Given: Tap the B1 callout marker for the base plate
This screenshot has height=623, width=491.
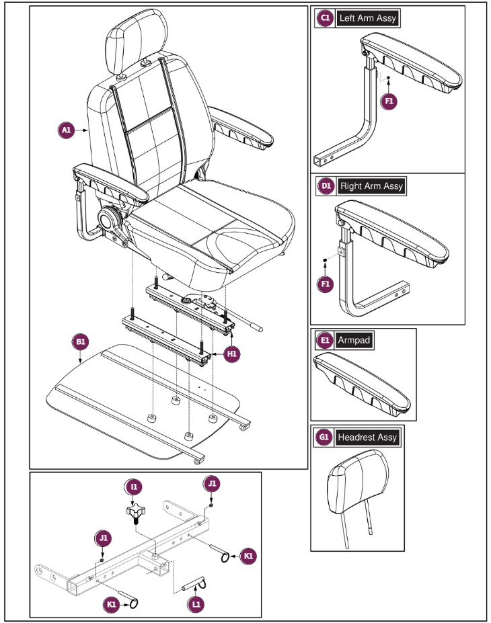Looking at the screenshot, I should [x=81, y=342].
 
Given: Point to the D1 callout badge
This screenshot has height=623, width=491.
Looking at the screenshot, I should [x=326, y=186].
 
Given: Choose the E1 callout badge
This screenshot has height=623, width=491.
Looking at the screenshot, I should [x=326, y=341].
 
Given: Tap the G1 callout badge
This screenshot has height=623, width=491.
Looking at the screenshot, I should [x=324, y=438].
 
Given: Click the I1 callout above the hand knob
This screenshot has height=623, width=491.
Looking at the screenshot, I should [x=135, y=486].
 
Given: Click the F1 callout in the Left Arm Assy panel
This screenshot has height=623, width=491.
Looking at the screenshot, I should [x=389, y=101].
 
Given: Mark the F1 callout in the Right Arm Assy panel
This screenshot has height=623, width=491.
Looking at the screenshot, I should [x=326, y=284].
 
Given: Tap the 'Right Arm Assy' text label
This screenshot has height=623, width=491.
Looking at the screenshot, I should [x=372, y=186].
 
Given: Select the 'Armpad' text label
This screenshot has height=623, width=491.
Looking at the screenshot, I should [x=354, y=341].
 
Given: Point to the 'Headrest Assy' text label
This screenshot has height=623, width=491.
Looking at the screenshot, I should [x=367, y=438].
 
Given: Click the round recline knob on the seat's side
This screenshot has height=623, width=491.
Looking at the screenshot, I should [x=108, y=218].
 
